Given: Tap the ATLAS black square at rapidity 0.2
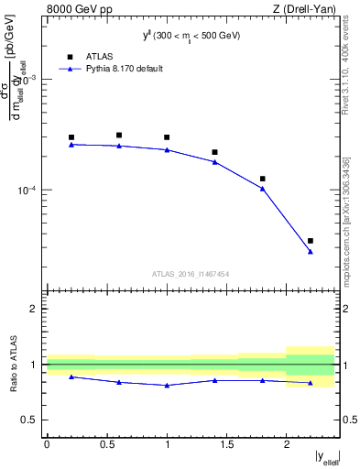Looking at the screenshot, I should pyautogui.click(x=71, y=137).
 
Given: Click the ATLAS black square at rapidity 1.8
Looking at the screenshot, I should pyautogui.click(x=263, y=179).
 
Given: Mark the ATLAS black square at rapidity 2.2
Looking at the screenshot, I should pyautogui.click(x=311, y=241).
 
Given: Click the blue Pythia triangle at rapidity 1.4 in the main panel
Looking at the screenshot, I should pyautogui.click(x=215, y=162).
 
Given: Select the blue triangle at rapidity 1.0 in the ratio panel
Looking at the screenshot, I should pyautogui.click(x=167, y=386).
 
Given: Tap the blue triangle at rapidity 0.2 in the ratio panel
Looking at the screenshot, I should pyautogui.click(x=71, y=376).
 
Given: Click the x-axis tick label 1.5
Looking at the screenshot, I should pyautogui.click(x=226, y=444).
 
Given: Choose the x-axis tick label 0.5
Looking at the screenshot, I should pyautogui.click(x=106, y=444).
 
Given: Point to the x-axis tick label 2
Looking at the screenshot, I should pyautogui.click(x=287, y=444).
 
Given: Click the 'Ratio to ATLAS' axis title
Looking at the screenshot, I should pyautogui.click(x=13, y=364).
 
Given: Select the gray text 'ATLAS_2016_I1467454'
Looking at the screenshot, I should pyautogui.click(x=191, y=274).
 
